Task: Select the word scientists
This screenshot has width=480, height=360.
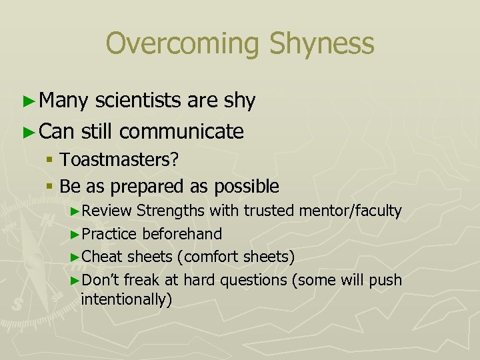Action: click(x=139, y=101)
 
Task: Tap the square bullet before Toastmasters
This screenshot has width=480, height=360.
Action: click(x=50, y=161)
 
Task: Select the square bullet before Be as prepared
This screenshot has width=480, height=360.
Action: click(x=50, y=186)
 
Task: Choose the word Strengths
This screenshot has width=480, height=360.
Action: click(x=171, y=211)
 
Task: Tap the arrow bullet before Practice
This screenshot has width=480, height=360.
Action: click(x=75, y=235)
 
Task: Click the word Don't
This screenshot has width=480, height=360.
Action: click(x=102, y=279)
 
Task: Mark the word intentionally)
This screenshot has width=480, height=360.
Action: click(x=126, y=299)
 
